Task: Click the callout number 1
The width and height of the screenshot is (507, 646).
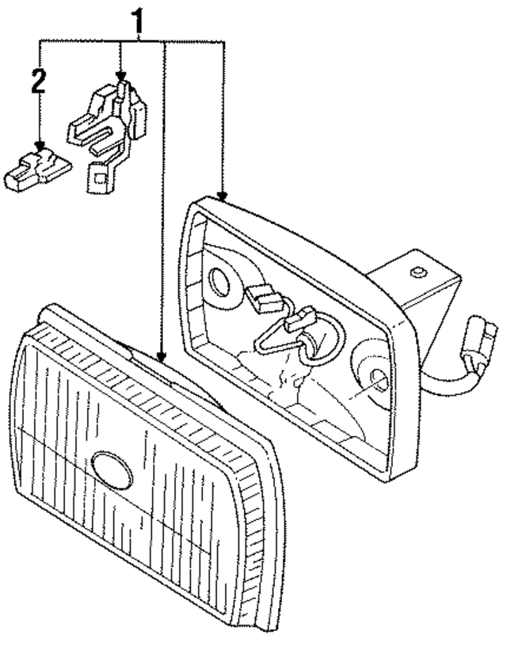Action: (139, 24)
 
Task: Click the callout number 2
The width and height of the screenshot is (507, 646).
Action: (37, 82)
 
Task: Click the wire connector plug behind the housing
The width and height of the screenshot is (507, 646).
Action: (481, 340)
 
